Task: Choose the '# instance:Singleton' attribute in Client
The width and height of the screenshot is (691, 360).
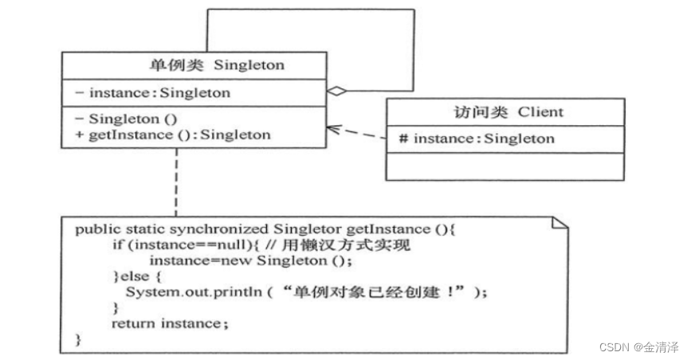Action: pos(477,139)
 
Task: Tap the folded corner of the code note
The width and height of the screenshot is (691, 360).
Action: pos(559,224)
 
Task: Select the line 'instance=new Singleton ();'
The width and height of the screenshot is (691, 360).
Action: pos(250,260)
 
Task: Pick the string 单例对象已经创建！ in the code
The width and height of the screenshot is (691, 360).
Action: pos(377,292)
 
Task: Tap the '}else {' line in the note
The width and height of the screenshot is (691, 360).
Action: pos(137,276)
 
